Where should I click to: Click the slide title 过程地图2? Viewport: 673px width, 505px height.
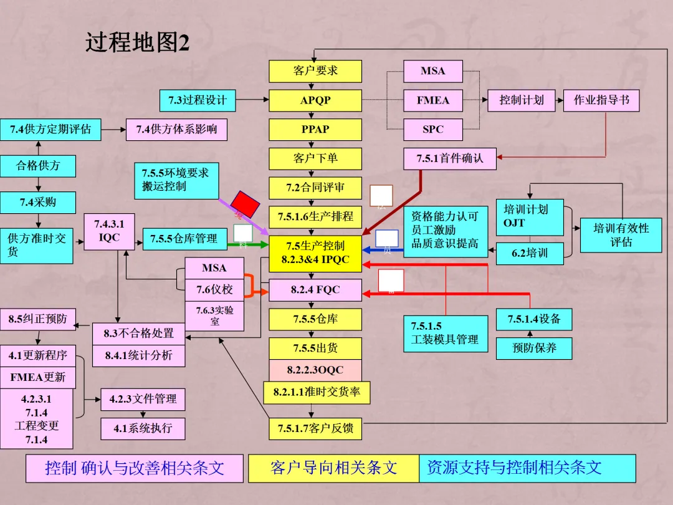[x=137, y=43]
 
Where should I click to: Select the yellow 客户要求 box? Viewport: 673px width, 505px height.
[x=315, y=71]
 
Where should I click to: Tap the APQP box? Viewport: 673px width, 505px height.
[x=315, y=100]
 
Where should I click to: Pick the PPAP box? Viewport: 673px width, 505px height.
[x=315, y=130]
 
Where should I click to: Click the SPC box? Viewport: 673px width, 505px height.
[x=433, y=130]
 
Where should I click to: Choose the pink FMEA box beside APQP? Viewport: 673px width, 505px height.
[x=433, y=100]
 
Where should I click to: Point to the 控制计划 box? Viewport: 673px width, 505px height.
[x=522, y=100]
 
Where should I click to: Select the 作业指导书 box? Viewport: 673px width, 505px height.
[x=601, y=100]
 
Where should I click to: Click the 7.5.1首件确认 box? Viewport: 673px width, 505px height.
[x=450, y=158]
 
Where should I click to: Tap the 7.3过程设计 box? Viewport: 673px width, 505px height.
[x=198, y=100]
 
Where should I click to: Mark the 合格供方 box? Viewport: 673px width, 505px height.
[x=38, y=166]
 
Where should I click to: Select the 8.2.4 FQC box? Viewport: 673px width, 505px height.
[x=315, y=291]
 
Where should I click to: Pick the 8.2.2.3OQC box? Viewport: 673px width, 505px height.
[x=315, y=370]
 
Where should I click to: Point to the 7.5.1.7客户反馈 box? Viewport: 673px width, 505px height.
[x=315, y=429]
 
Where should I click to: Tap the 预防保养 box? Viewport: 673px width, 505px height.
[x=534, y=348]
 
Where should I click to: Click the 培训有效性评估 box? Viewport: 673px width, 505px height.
[x=621, y=235]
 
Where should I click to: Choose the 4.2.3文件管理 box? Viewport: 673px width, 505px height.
[x=143, y=399]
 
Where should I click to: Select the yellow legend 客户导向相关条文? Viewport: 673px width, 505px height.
[x=333, y=468]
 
